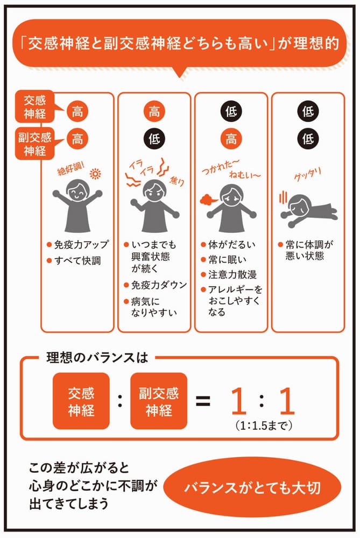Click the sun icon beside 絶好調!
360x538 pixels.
point(95,174)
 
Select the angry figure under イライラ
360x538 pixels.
point(154,206)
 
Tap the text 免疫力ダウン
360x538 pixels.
point(159,285)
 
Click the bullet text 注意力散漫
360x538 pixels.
point(232,274)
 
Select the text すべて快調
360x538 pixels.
point(77,261)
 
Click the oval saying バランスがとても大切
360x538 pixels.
point(252,487)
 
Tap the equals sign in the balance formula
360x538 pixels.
point(203,400)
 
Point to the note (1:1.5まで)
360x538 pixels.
point(264,426)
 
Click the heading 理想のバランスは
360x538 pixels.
point(97,358)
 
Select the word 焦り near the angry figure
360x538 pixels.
point(177,180)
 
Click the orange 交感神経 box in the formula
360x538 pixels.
point(81,401)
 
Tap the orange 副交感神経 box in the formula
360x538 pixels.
point(159,401)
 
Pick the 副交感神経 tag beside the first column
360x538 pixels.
point(34,144)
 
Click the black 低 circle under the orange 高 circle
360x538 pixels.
point(154,139)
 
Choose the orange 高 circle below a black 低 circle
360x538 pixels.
point(231,139)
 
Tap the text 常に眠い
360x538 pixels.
point(227,259)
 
